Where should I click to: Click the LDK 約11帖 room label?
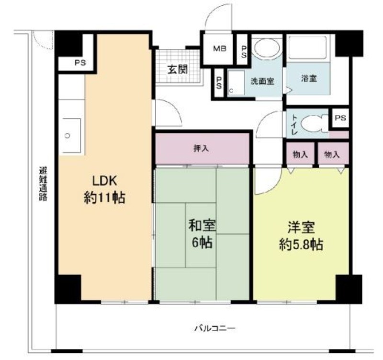point(104,189)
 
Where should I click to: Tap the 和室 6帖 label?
point(202,234)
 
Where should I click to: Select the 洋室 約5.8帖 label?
point(301,236)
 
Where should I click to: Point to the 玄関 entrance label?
point(178,70)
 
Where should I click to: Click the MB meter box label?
point(220,48)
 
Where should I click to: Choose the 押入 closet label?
point(201,148)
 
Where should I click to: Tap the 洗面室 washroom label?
point(262,81)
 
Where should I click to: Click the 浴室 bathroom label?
point(309,78)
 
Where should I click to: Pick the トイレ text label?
point(294,125)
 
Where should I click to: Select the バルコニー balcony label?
point(215,328)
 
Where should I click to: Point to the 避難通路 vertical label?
point(43,184)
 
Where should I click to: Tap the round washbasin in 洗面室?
point(267,48)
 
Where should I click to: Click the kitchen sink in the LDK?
point(71,136)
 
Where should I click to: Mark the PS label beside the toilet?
point(340,118)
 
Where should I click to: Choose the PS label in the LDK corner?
point(80,63)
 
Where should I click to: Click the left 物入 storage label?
point(300,154)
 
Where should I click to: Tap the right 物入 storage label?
point(332,154)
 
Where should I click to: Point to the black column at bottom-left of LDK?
point(68,289)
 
